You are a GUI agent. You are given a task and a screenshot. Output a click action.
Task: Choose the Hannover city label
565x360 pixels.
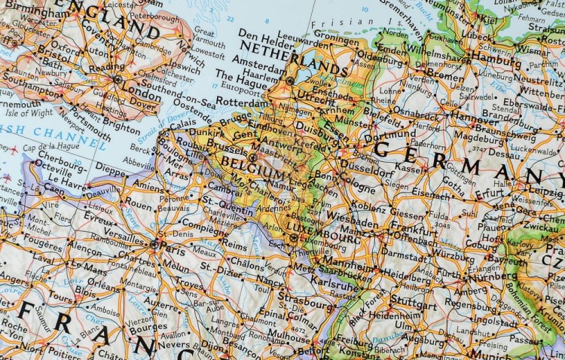click(x=475, y=119)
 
